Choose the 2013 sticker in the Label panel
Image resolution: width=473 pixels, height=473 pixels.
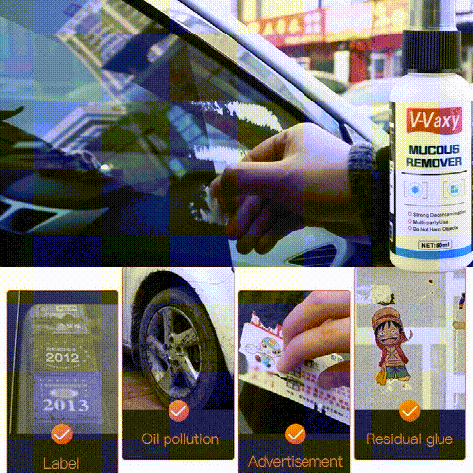tap(62, 403)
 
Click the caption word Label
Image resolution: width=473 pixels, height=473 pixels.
tap(61, 462)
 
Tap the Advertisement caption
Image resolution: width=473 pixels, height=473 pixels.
tap(295, 461)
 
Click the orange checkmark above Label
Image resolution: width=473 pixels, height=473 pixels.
tap(61, 432)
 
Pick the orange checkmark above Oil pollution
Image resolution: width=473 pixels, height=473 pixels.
tap(178, 409)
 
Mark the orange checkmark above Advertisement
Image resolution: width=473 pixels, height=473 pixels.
tap(295, 433)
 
